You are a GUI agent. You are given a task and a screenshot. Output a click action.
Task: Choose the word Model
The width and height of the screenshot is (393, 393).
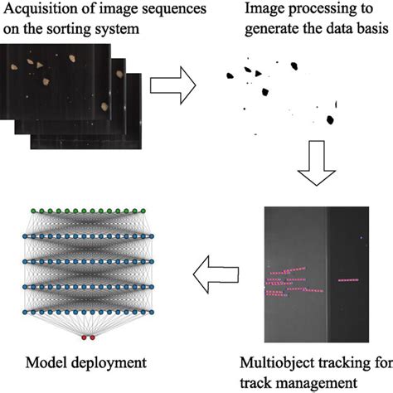pyautogui.click(x=46, y=361)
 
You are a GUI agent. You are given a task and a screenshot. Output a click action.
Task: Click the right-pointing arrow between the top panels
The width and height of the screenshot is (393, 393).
pyautogui.click(x=179, y=80)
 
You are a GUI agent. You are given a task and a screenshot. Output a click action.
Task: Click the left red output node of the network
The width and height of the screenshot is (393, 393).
pyautogui.click(x=85, y=338)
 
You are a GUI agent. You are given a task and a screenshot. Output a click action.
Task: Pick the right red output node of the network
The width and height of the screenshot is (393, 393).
pyautogui.click(x=93, y=338)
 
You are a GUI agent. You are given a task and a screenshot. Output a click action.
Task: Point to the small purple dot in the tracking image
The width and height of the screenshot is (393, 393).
pyautogui.click(x=361, y=240)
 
